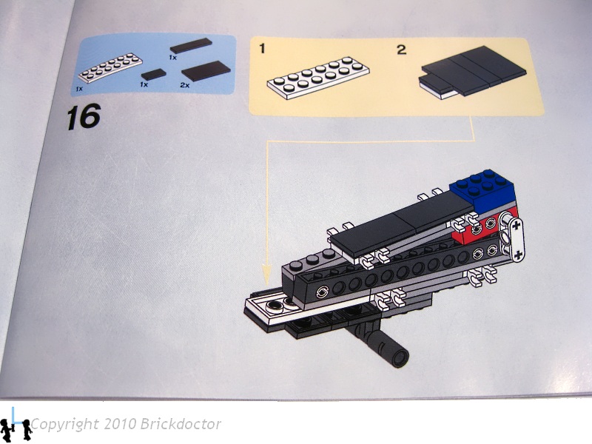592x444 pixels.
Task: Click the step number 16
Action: (x=84, y=116)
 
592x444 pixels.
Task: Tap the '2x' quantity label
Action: (x=184, y=86)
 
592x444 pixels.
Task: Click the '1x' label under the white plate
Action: (x=79, y=89)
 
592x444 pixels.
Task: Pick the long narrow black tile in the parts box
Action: (x=191, y=46)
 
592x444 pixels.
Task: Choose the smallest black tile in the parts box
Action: (x=154, y=74)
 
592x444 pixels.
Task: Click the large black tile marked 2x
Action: (x=206, y=70)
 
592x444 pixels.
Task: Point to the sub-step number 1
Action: (x=263, y=49)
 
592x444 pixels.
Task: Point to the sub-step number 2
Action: (x=401, y=50)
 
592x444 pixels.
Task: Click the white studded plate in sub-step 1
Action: (x=318, y=78)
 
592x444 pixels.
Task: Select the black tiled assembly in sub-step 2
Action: (x=473, y=72)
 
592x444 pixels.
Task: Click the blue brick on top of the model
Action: (x=482, y=191)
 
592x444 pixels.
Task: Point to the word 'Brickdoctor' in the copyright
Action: (x=181, y=424)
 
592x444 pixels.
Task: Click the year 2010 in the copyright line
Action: (x=119, y=424)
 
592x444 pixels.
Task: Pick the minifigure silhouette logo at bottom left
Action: (x=16, y=425)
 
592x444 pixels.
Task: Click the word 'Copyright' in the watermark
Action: (x=64, y=425)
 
